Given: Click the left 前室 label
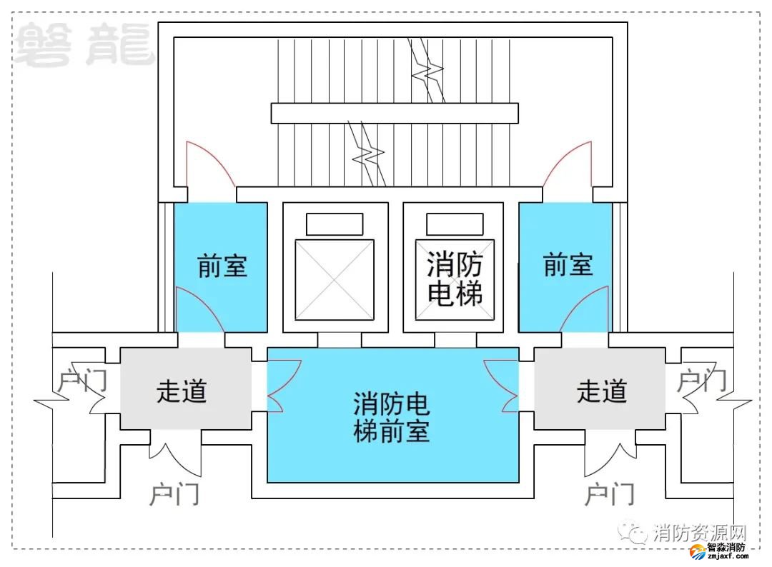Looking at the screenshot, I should (x=222, y=266).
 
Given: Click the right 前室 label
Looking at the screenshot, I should (x=568, y=266).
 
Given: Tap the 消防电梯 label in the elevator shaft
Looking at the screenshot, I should (x=455, y=279).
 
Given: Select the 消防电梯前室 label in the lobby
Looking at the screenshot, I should (x=392, y=417).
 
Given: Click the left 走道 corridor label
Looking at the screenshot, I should (x=182, y=391).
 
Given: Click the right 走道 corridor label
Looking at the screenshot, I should (x=602, y=391).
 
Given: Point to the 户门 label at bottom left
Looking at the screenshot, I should (x=174, y=493).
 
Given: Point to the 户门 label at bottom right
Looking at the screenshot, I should (x=609, y=493).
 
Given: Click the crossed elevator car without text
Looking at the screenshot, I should (x=335, y=279).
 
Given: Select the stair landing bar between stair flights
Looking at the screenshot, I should (x=394, y=114).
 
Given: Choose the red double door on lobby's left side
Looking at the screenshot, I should (x=284, y=386).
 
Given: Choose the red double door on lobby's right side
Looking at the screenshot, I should (x=501, y=386).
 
